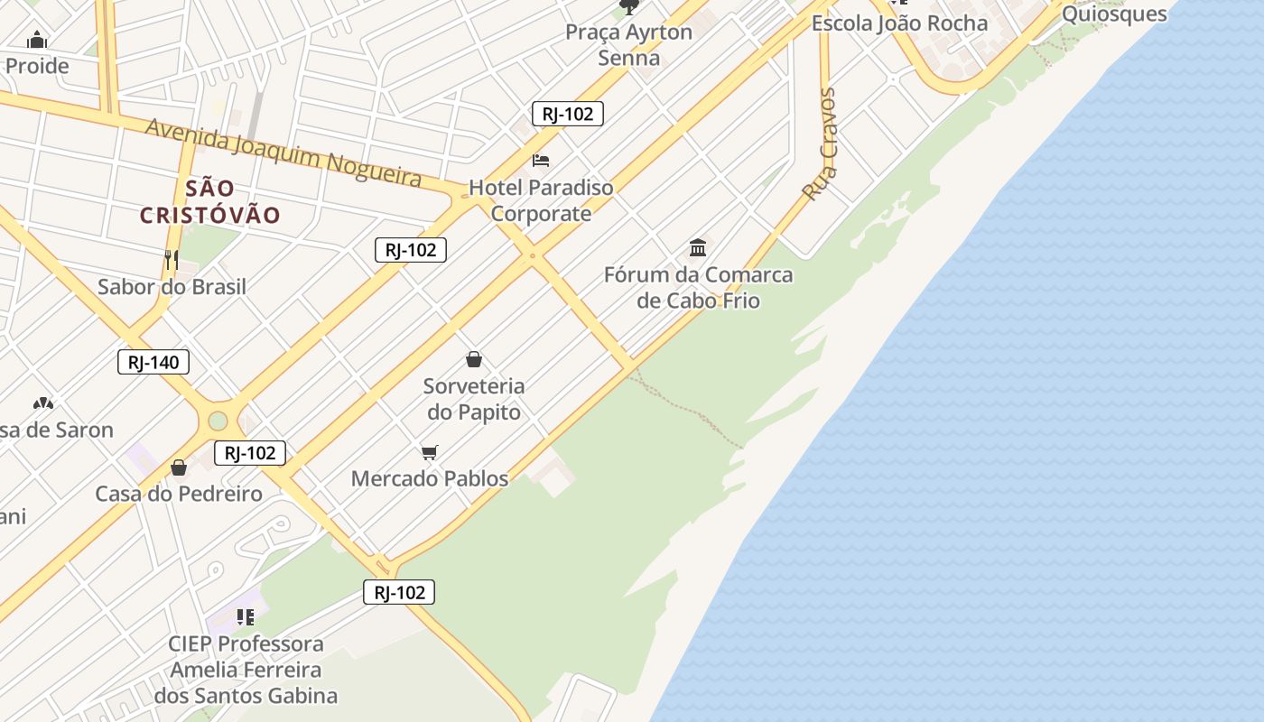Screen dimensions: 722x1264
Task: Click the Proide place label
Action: [37, 66]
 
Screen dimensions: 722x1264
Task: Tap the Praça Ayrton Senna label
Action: [628, 45]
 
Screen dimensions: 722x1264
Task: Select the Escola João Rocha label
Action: [899, 23]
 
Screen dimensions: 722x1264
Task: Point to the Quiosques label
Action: [1114, 14]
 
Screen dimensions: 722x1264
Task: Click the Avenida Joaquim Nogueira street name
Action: [283, 152]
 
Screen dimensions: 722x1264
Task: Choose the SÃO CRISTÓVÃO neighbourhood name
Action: [210, 202]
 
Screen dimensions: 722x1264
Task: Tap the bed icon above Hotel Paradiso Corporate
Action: [541, 161]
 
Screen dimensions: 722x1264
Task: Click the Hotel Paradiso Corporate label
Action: [541, 200]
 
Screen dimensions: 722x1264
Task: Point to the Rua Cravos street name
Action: [821, 144]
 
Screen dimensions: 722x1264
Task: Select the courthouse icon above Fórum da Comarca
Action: [698, 247]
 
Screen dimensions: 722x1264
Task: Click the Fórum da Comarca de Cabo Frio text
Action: [698, 287]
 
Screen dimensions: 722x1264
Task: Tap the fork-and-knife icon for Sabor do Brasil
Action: [172, 260]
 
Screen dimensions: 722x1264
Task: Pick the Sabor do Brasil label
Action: [172, 287]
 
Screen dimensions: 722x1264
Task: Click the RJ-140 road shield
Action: [153, 363]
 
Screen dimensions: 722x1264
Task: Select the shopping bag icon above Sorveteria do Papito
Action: [474, 360]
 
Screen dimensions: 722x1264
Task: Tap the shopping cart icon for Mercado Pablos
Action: [430, 452]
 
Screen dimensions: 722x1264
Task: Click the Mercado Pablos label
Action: [430, 478]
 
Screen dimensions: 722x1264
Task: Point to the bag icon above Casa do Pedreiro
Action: [179, 467]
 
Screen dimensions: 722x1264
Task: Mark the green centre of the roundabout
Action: [218, 421]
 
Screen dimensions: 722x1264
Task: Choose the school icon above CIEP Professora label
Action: [245, 617]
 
